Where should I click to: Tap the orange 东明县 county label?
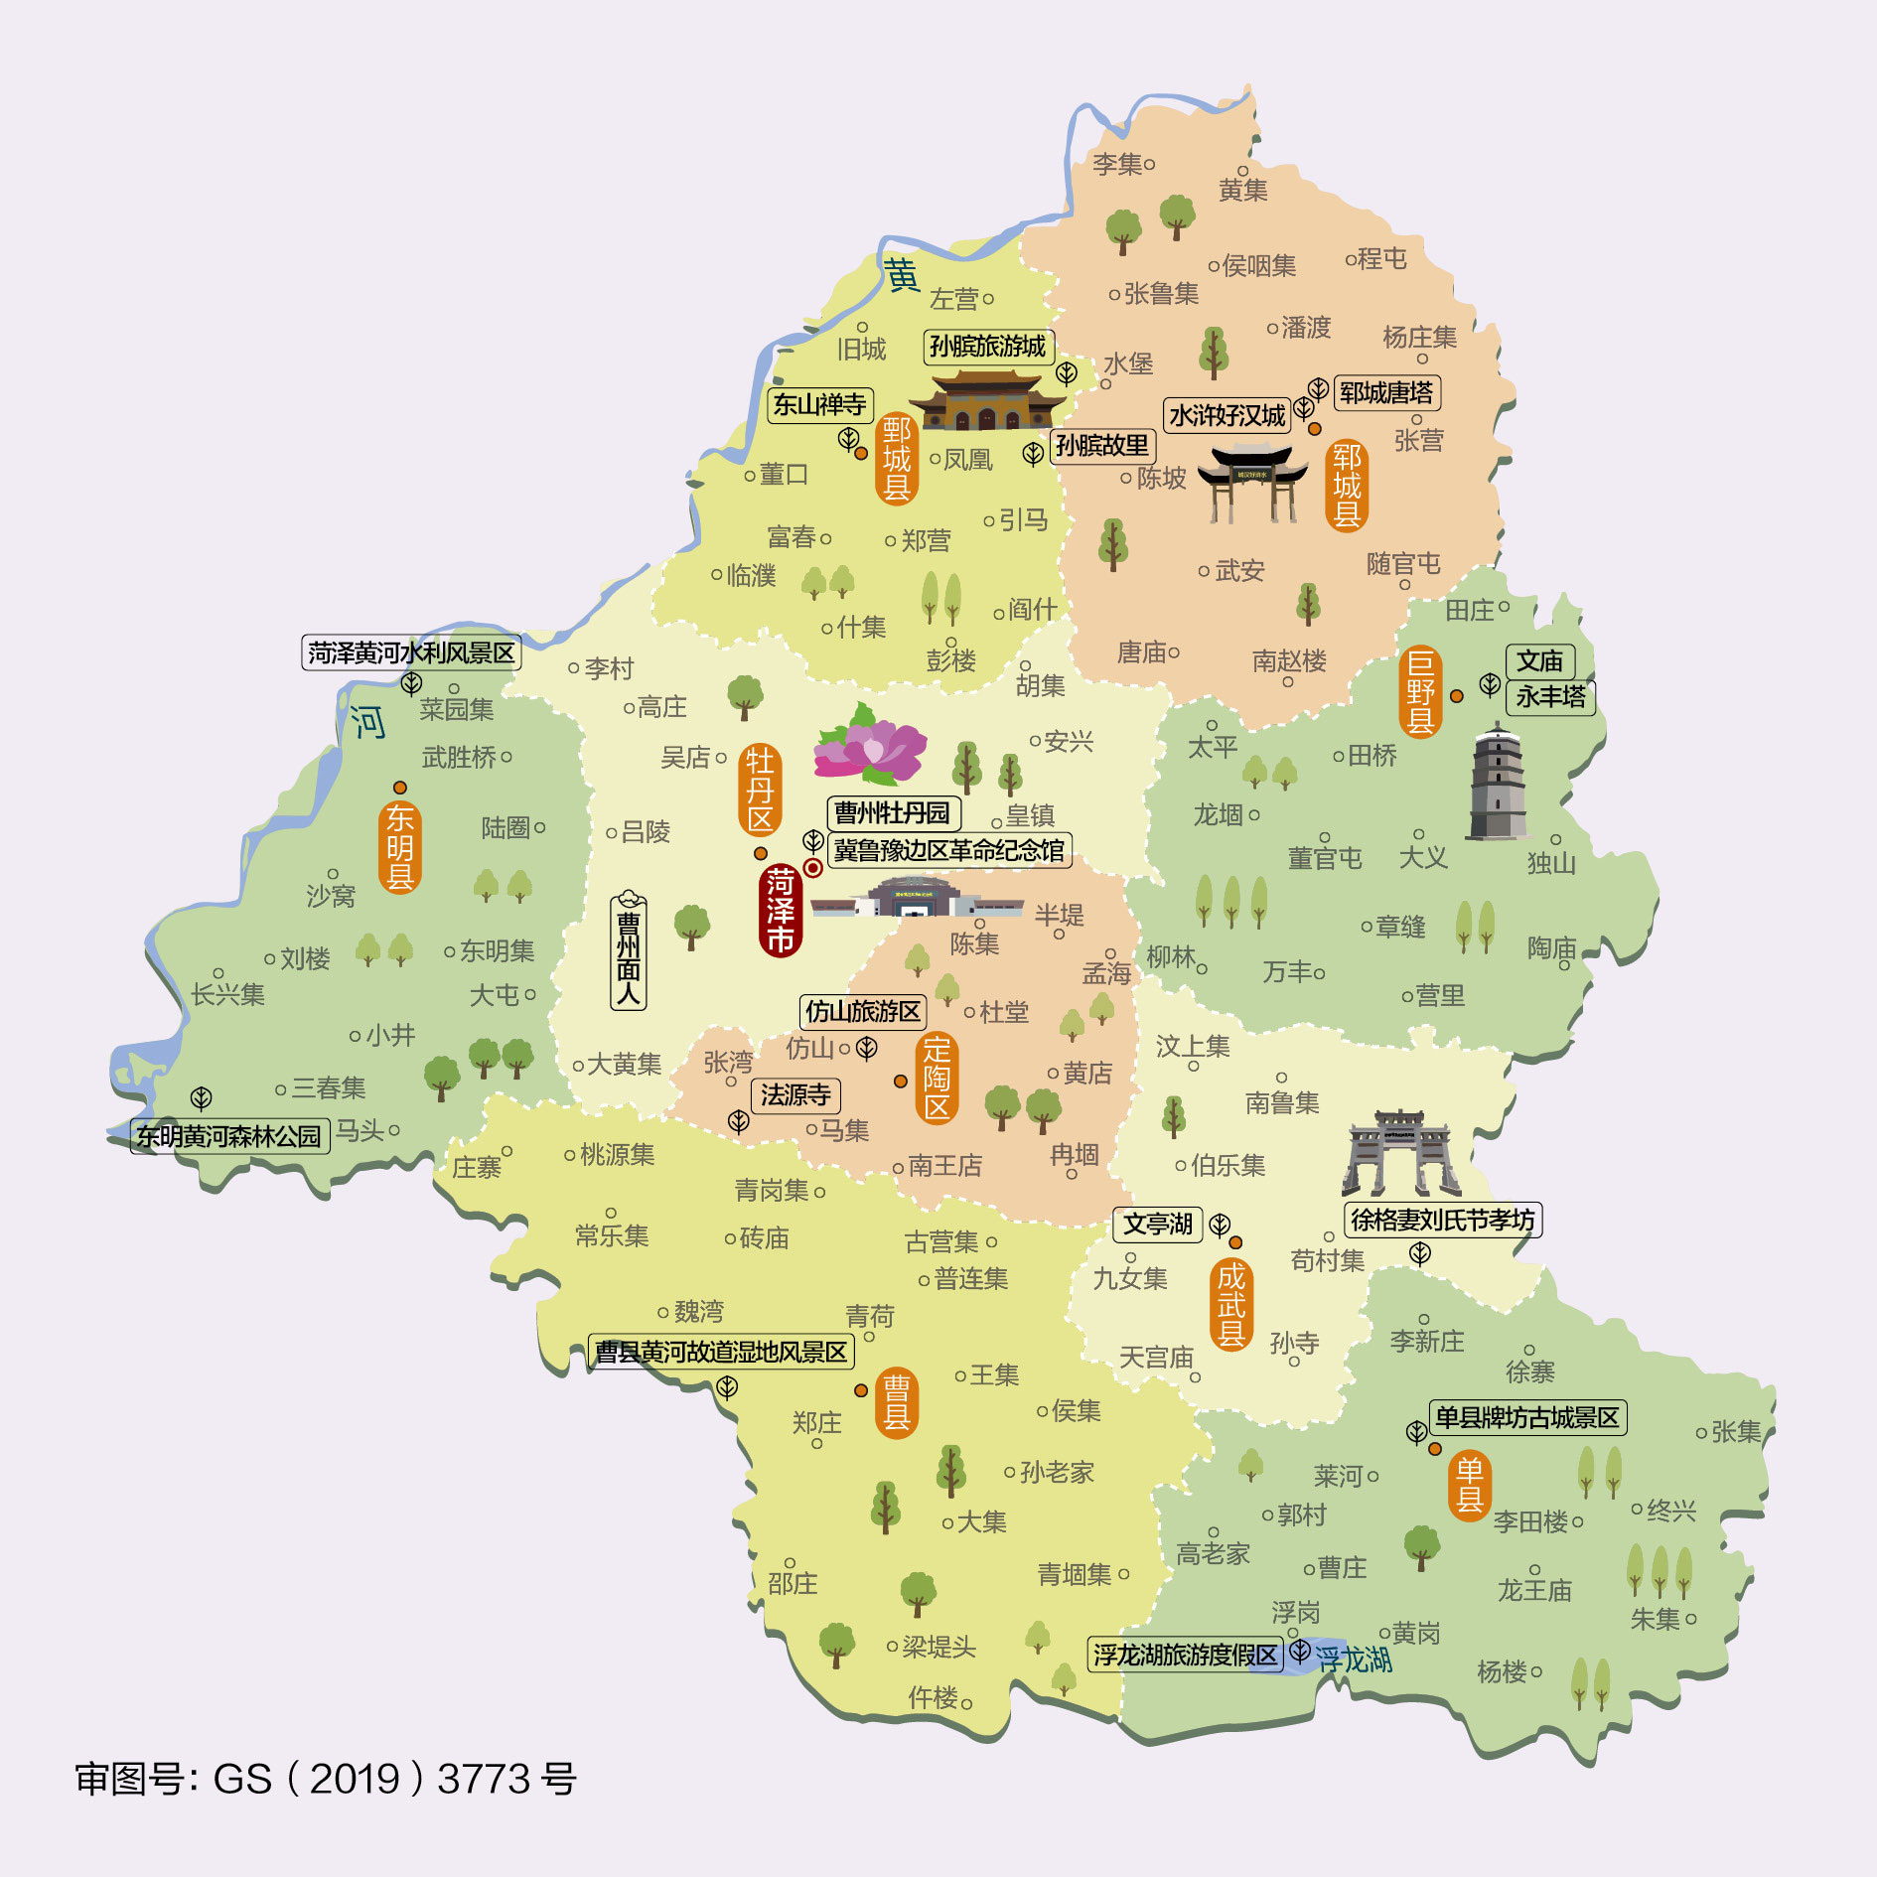tap(399, 847)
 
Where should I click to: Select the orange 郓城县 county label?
tap(1347, 485)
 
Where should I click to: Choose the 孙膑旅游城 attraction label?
tap(987, 347)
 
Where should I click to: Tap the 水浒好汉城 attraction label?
tap(1227, 415)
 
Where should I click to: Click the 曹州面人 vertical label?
tap(628, 950)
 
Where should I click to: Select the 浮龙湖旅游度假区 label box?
tap(1185, 1655)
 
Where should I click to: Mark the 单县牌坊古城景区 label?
tap(1526, 1417)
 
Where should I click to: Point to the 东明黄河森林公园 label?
tap(229, 1136)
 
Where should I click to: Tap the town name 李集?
tap(1117, 164)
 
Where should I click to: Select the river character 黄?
tap(902, 275)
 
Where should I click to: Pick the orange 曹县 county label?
tap(896, 1401)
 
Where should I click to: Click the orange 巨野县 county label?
tap(1420, 691)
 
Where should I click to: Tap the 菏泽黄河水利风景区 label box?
tap(411, 653)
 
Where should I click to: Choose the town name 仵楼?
tap(934, 1698)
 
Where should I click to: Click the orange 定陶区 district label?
tap(937, 1078)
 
